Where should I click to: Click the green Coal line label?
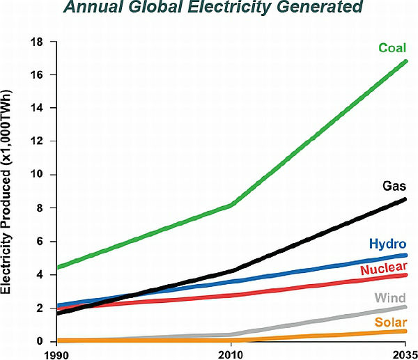point(392,48)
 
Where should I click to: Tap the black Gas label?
point(394,186)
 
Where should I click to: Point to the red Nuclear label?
point(384,268)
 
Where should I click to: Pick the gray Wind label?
point(391,298)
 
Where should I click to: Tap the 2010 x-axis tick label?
point(231,354)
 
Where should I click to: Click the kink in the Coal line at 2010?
point(232,205)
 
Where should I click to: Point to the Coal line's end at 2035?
point(405,62)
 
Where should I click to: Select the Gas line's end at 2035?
point(405,200)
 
